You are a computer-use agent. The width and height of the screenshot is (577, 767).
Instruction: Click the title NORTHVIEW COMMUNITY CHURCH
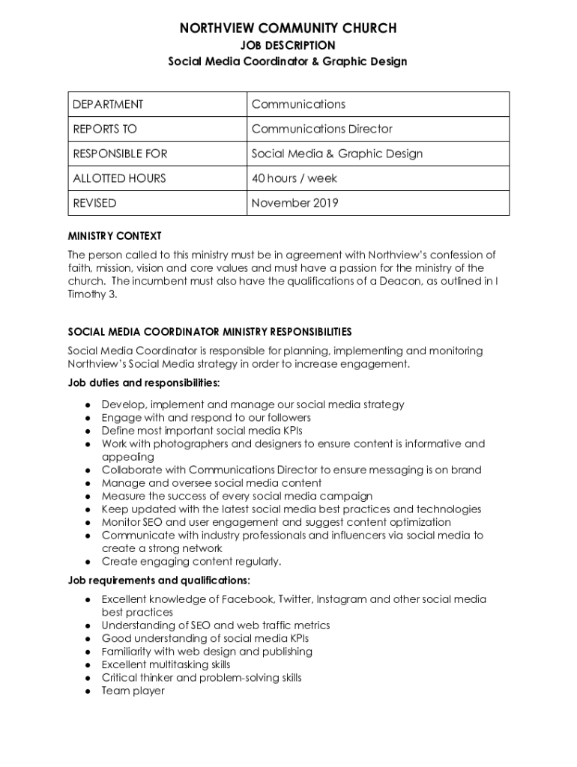288,28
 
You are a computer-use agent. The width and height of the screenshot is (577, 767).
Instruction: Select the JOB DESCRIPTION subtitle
288,46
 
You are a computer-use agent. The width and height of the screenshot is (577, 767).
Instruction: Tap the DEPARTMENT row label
108,104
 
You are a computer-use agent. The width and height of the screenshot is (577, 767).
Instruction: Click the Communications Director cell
321,129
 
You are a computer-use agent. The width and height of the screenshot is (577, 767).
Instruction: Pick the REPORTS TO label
105,129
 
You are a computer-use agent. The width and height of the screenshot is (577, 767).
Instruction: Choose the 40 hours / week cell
294,178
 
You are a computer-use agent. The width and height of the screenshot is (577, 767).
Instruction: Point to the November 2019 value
294,203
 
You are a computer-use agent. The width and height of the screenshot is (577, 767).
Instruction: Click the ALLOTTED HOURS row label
119,178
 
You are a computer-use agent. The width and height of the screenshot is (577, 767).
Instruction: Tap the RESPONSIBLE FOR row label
120,154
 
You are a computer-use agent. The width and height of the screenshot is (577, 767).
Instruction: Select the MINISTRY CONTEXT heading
114,236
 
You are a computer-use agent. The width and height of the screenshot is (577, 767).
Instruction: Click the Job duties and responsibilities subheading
144,383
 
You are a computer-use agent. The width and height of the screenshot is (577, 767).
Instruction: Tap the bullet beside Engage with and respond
88,418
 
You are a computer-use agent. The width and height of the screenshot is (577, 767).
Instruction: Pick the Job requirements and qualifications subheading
159,580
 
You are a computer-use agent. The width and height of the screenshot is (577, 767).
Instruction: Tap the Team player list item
133,691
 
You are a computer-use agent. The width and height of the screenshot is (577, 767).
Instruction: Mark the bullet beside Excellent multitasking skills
88,665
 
